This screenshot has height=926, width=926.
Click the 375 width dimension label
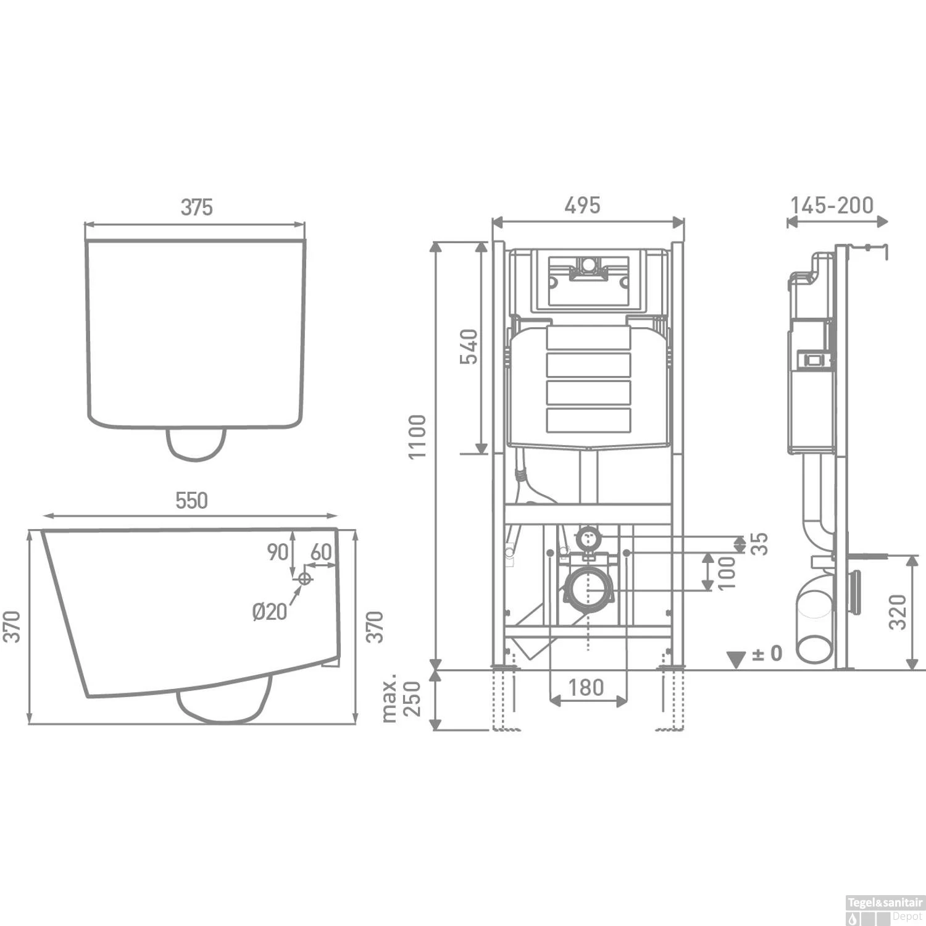196,207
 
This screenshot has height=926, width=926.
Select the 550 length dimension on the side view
191,501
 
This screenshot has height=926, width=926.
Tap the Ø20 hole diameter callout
270,611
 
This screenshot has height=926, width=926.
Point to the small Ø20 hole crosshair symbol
304,578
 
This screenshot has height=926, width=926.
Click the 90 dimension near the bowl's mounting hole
278,551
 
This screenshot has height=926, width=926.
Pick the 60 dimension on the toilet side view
321,551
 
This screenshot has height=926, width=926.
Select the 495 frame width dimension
582,205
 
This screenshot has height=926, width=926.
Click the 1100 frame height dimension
418,436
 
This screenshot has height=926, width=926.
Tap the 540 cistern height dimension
469,347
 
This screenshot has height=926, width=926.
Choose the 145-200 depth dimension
832,205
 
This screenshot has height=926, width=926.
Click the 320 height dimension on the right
898,611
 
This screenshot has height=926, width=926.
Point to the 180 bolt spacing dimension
585,686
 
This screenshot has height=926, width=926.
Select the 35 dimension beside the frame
760,543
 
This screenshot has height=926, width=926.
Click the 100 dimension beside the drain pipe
727,572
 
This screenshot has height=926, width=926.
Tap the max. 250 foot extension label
401,699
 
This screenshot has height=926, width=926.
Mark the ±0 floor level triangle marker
736,659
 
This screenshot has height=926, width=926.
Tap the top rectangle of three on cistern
588,364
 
